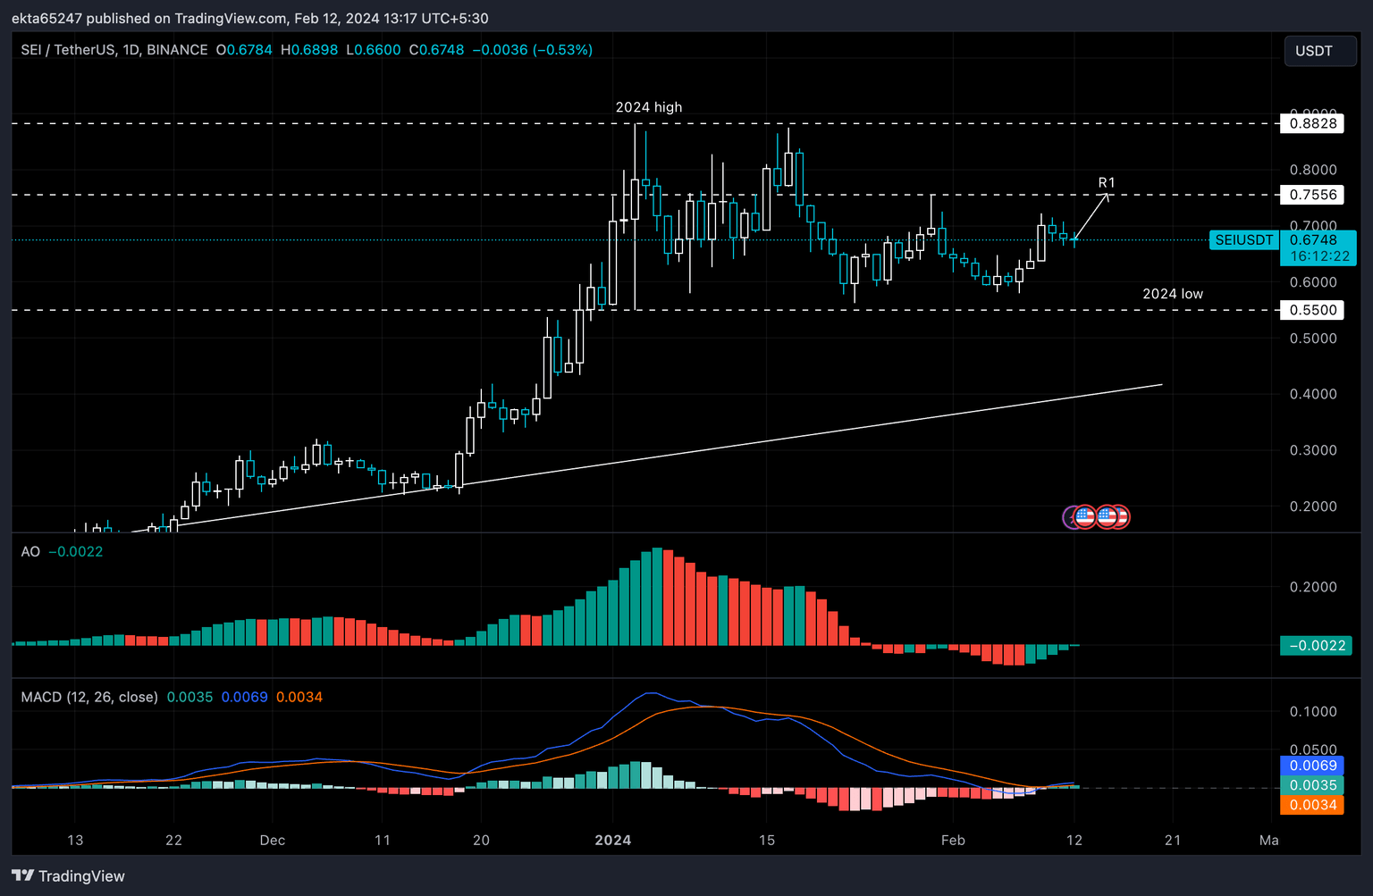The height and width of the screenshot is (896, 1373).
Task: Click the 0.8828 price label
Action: [1312, 123]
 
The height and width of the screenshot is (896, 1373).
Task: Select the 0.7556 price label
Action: [1312, 195]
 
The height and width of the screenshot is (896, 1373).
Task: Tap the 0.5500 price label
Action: [1312, 310]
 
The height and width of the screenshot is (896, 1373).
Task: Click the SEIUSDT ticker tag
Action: [1243, 240]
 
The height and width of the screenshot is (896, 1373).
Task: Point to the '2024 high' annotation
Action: [648, 107]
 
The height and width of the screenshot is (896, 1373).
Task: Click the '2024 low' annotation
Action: [1172, 294]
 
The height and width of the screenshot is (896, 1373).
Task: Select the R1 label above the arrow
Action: [1106, 182]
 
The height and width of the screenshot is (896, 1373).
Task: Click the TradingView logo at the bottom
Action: [69, 875]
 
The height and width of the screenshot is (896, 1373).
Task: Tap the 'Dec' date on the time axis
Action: [272, 840]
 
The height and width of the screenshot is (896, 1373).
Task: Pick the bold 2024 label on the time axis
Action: [612, 840]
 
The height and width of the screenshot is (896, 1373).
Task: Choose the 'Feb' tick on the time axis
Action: [953, 840]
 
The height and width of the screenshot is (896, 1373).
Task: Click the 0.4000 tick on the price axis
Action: [1312, 394]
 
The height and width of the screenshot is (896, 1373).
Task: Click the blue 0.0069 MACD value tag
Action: [1312, 766]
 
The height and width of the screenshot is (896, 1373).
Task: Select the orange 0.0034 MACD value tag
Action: [1312, 805]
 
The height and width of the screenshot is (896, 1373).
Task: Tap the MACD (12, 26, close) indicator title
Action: [89, 697]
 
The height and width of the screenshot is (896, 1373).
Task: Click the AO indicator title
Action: [30, 552]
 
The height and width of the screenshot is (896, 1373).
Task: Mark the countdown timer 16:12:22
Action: [1319, 256]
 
